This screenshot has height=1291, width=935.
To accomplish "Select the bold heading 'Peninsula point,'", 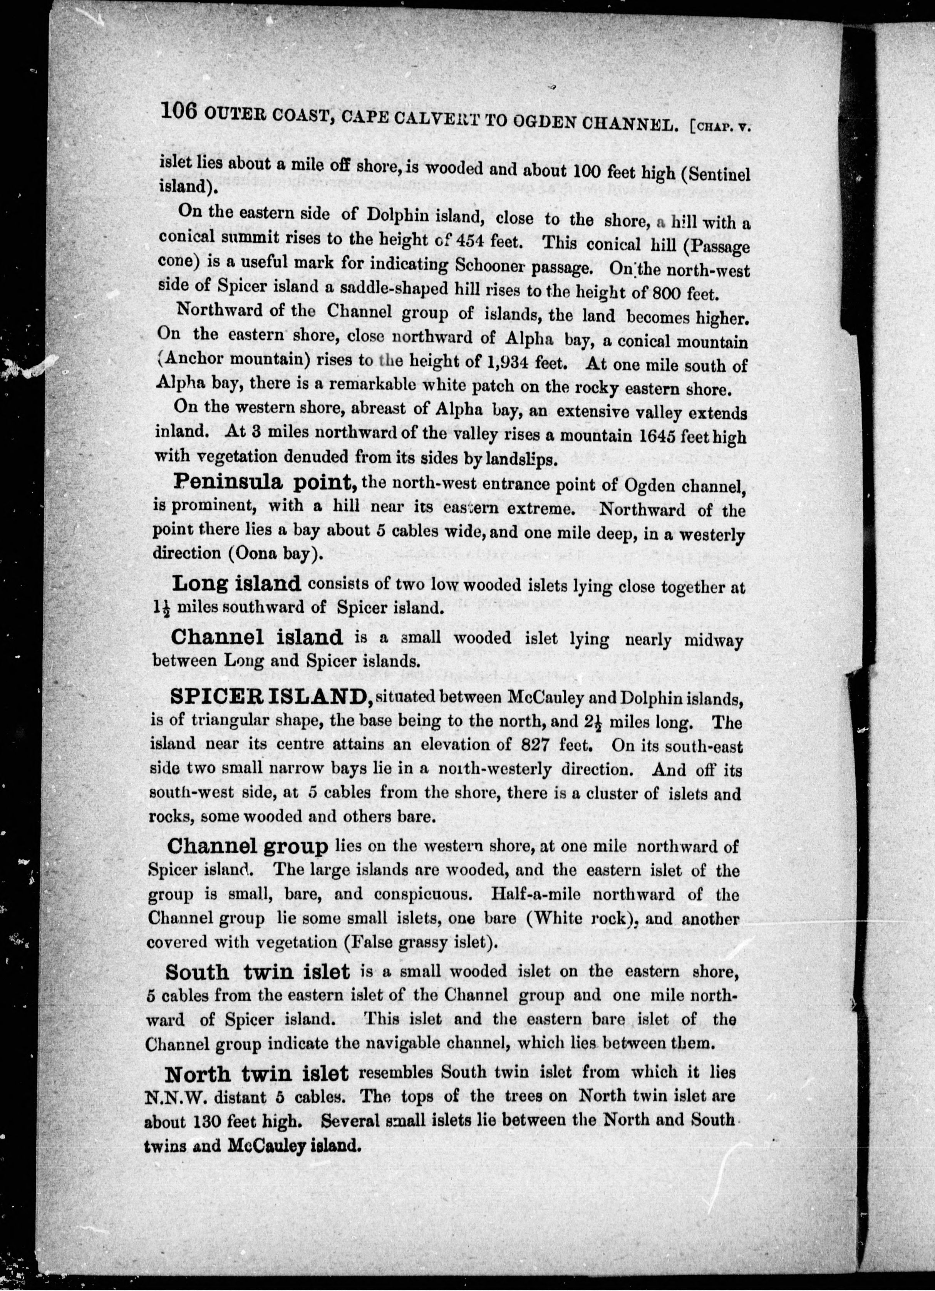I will [x=265, y=482].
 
